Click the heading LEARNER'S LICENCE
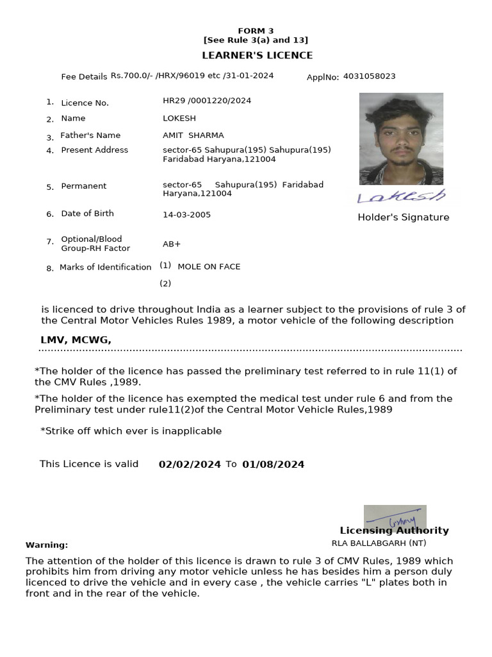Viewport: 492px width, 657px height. coord(258,55)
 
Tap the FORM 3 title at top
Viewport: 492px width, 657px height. coord(256,31)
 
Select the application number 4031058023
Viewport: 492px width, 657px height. coord(369,76)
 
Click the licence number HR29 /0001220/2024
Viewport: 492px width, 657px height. coord(207,101)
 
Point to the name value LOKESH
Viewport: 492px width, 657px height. coord(179,118)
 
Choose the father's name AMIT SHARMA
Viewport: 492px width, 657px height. coord(193,135)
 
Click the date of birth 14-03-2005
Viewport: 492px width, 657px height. coord(186,215)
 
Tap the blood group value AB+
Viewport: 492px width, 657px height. coord(172,244)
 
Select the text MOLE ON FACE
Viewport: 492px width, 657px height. coord(209,266)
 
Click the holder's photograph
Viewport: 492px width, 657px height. coord(401,139)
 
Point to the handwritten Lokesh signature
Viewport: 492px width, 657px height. coord(401,196)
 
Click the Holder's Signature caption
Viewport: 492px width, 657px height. coord(403,218)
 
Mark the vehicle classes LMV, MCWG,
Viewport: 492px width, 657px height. coord(76,340)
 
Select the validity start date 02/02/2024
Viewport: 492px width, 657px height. coord(190,465)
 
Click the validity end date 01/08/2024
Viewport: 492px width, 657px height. coord(273,465)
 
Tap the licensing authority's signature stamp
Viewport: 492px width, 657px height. coord(395,517)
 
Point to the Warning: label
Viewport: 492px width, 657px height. coord(47,545)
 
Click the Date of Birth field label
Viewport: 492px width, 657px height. coord(87,214)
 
